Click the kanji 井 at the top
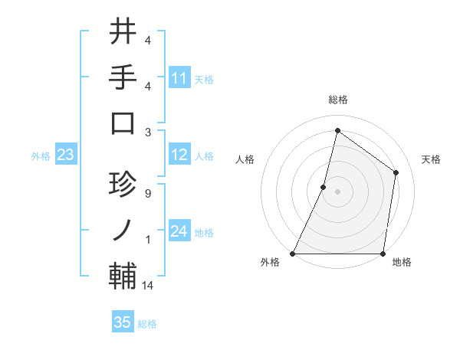[123, 32]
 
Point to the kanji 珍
[123, 185]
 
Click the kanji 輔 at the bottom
[123, 275]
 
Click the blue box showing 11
[179, 77]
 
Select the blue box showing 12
[179, 155]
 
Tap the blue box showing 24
[179, 231]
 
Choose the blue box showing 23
[66, 155]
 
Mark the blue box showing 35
[123, 322]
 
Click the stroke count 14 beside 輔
[149, 286]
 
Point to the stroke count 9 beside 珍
[147, 194]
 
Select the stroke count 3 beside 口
[147, 131]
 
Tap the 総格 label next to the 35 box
[147, 324]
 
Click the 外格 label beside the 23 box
[41, 156]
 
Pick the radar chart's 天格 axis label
[432, 159]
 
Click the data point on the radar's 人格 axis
[324, 187]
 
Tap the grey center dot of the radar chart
[337, 191]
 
